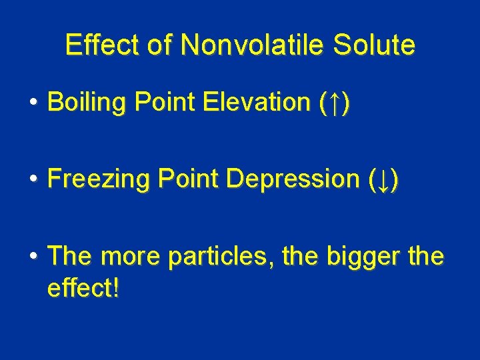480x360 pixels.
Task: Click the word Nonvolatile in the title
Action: (252, 45)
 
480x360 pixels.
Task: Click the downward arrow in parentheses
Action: (384, 180)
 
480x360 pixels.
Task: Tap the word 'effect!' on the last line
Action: (84, 287)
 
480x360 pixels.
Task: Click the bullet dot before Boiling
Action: (33, 103)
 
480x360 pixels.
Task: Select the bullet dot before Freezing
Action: (33, 180)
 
